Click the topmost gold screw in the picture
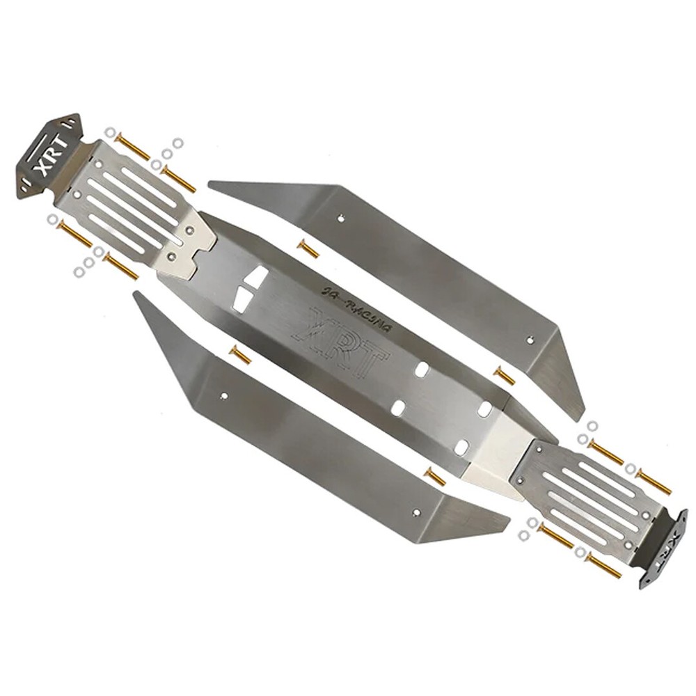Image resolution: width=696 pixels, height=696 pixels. [x=132, y=147]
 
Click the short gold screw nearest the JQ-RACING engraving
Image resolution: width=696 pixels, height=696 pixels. [x=308, y=249]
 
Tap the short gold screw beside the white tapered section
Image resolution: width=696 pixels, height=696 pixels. [x=435, y=477]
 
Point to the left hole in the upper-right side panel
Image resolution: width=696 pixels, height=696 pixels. [x=340, y=218]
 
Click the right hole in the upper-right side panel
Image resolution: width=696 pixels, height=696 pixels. [x=532, y=340]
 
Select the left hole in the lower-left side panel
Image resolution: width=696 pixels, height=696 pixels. [x=223, y=395]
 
